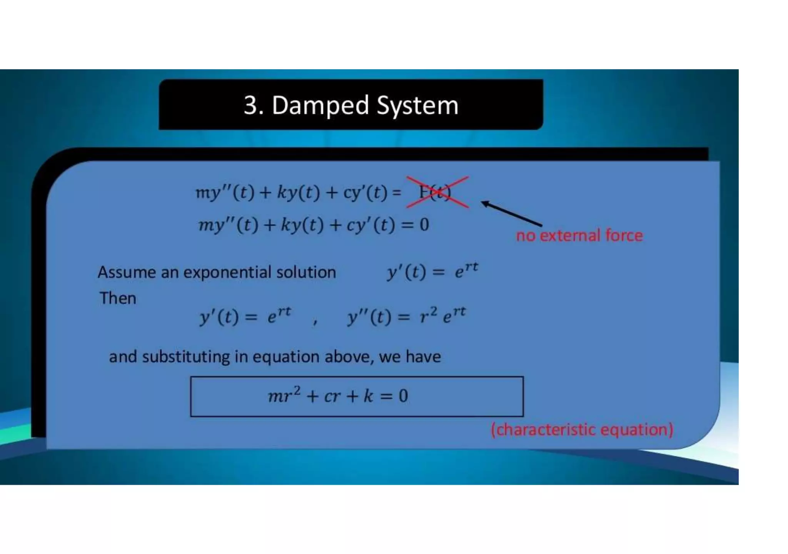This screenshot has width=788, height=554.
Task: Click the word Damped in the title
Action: click(x=321, y=105)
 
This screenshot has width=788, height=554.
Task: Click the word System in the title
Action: click(x=417, y=105)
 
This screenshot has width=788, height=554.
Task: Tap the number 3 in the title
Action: click(x=250, y=105)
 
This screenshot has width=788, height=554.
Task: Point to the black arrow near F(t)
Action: click(x=512, y=214)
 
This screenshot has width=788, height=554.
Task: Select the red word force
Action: click(x=624, y=235)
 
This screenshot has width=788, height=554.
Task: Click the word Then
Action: click(x=118, y=299)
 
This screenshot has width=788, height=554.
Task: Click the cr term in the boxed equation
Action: click(x=332, y=396)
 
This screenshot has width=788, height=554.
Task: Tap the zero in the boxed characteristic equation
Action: click(x=403, y=396)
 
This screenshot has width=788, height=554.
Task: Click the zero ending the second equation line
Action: click(x=424, y=225)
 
